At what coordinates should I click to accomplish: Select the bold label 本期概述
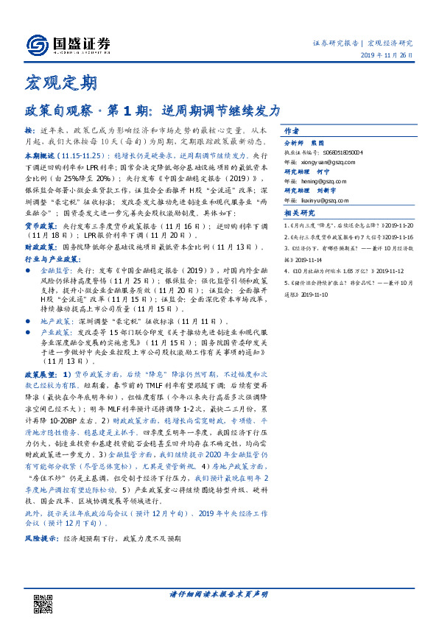(41, 157)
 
